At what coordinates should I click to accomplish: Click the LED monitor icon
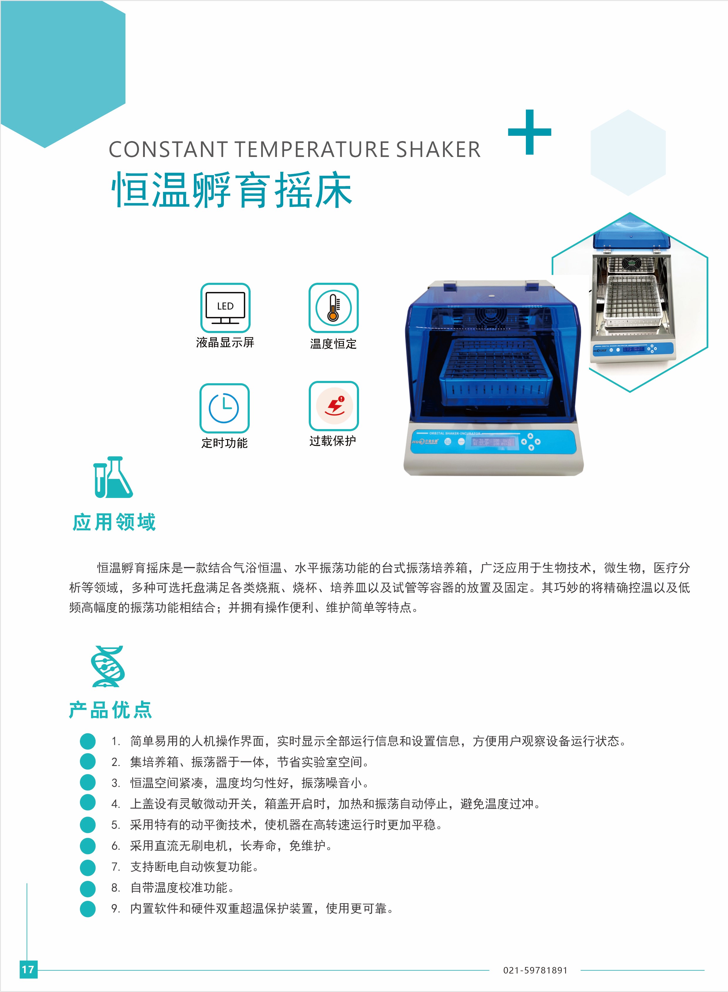click(x=225, y=308)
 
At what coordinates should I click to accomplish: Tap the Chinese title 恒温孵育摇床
click(x=232, y=190)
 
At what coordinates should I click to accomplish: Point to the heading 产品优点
click(x=110, y=710)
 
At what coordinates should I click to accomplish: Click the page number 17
click(x=28, y=969)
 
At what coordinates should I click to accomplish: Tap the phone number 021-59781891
click(x=535, y=971)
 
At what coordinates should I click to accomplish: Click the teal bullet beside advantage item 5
click(x=88, y=825)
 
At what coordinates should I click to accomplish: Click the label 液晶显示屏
click(x=225, y=343)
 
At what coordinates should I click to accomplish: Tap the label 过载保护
click(x=333, y=441)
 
